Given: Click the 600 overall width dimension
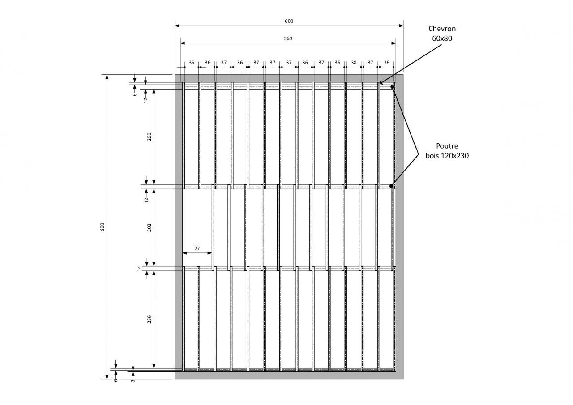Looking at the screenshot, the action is pyautogui.click(x=289, y=21).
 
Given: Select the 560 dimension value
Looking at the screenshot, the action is pyautogui.click(x=288, y=38).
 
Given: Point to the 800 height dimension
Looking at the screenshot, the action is pyautogui.click(x=102, y=227).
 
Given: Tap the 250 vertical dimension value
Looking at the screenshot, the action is pyautogui.click(x=150, y=136).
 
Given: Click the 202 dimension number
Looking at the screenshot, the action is pyautogui.click(x=150, y=227).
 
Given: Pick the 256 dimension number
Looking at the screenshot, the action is pyautogui.click(x=150, y=319).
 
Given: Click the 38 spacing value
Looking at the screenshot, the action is pyautogui.click(x=354, y=63).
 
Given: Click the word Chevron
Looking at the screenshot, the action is pyautogui.click(x=442, y=29).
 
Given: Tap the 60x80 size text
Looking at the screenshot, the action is pyautogui.click(x=442, y=38).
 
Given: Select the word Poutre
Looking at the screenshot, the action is pyautogui.click(x=447, y=146).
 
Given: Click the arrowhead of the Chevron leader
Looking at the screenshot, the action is pyautogui.click(x=380, y=83).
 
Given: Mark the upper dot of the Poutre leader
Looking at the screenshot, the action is pyautogui.click(x=392, y=87).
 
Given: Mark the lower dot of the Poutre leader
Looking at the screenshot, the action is pyautogui.click(x=391, y=186).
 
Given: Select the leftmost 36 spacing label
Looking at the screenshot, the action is pyautogui.click(x=191, y=63).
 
